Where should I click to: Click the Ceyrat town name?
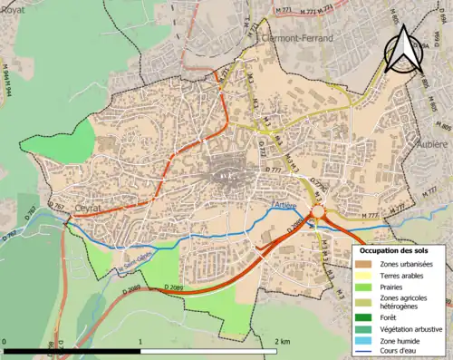[x=62, y=205]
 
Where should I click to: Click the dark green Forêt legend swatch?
[x=361, y=316]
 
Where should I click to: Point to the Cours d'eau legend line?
[x=361, y=353]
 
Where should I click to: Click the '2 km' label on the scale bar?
[x=281, y=342]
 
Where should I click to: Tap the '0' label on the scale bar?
[x=5, y=342]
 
